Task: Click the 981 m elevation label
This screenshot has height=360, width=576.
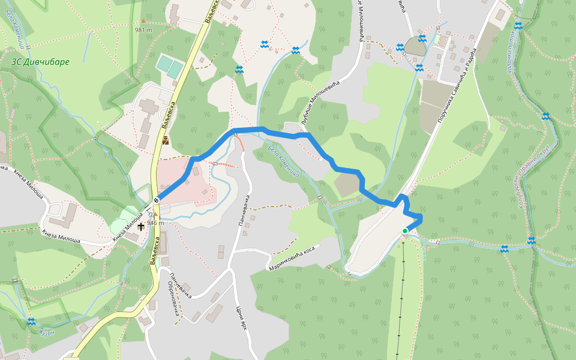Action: click(x=143, y=29)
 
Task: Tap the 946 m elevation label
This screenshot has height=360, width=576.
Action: click(x=155, y=223)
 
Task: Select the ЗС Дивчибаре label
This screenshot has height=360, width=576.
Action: click(x=40, y=62)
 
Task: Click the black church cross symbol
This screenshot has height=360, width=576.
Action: click(x=141, y=226)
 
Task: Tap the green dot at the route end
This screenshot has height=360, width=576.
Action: click(x=405, y=230)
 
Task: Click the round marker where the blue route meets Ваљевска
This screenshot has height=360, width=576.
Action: click(x=156, y=200)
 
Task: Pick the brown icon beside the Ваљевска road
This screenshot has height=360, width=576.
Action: click(x=165, y=141)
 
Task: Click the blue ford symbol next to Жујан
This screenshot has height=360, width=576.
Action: click(x=31, y=322)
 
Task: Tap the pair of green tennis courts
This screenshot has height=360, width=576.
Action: click(x=170, y=66)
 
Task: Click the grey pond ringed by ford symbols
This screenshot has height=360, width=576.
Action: click(x=413, y=46)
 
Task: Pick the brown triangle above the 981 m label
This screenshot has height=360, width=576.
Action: click(x=143, y=22)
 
